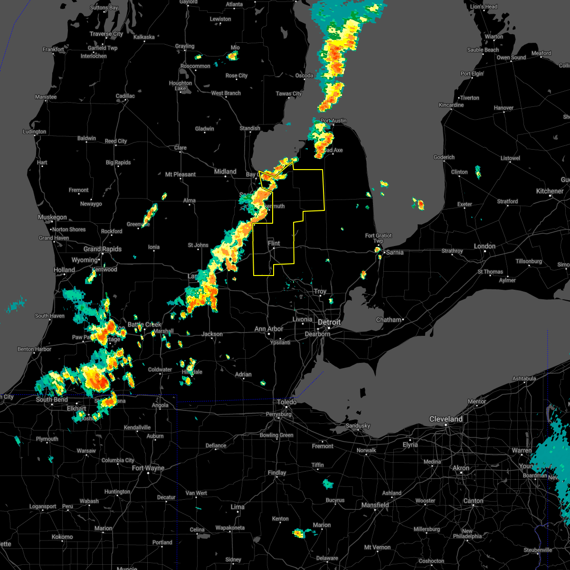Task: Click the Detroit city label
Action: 329,322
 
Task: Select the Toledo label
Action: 287,402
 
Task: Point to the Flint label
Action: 274,243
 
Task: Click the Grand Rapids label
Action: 103,249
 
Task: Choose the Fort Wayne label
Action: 148,468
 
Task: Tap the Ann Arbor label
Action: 269,329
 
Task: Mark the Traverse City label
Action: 106,34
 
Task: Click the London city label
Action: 484,246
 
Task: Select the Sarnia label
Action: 395,252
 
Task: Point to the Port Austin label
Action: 333,121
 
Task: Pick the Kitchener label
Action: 550,191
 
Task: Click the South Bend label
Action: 52,399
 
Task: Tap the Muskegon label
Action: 52,217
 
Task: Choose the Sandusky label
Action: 358,426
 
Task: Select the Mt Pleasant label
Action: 180,174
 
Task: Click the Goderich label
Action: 444,157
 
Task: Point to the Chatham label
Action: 389,320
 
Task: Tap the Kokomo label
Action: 62,537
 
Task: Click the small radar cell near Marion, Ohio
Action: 298,533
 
